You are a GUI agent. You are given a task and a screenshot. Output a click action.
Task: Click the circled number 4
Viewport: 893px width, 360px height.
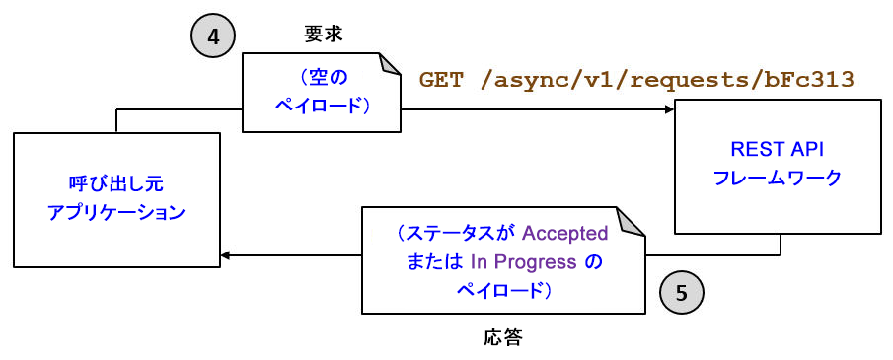coord(214,39)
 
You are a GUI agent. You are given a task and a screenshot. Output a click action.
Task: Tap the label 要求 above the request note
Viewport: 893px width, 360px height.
coord(324,34)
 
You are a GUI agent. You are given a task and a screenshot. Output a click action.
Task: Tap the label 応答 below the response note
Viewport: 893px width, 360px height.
coord(503,338)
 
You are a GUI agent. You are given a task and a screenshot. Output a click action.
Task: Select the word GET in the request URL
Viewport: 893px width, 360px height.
coord(441,80)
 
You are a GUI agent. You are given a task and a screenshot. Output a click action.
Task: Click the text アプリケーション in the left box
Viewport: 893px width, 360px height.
coord(116,212)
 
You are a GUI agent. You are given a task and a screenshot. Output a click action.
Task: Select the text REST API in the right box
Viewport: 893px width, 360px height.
coord(777,151)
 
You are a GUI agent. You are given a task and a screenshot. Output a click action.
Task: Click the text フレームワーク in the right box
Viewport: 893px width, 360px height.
coord(777,178)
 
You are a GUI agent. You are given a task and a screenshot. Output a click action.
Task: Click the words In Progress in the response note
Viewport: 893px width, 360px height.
coord(523,262)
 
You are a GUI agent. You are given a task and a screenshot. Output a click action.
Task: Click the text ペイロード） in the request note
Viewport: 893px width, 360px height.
coord(322,105)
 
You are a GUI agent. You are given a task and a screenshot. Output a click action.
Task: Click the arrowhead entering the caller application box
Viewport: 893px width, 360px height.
coord(225,255)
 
